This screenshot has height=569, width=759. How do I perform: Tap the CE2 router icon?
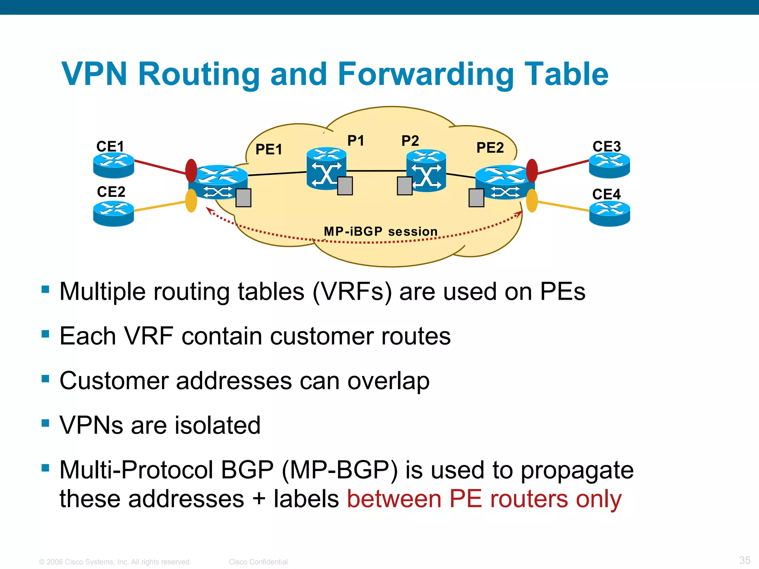pyautogui.click(x=113, y=213)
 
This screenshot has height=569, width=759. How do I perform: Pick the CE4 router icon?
pyautogui.click(x=609, y=213)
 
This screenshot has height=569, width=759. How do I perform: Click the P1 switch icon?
pyautogui.click(x=326, y=169)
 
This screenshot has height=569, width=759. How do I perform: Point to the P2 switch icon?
pyautogui.click(x=426, y=170)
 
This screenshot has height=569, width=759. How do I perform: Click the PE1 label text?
pyautogui.click(x=269, y=150)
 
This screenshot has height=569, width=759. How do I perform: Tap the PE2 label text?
pyautogui.click(x=490, y=148)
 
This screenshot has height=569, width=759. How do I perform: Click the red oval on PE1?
pyautogui.click(x=191, y=170)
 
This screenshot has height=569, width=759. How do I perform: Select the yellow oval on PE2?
pyautogui.click(x=532, y=200)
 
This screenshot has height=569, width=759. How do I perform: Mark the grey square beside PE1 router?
pyautogui.click(x=243, y=198)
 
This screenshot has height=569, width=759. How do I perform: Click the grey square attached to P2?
pyautogui.click(x=404, y=186)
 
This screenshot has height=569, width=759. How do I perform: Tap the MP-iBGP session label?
pyautogui.click(x=381, y=232)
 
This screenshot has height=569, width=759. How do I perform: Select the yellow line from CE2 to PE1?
pyautogui.click(x=159, y=206)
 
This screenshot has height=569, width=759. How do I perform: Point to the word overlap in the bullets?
pyautogui.click(x=388, y=381)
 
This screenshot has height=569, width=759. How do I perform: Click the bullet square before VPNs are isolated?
pyautogui.click(x=46, y=423)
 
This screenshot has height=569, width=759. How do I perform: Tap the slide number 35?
pyautogui.click(x=745, y=560)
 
